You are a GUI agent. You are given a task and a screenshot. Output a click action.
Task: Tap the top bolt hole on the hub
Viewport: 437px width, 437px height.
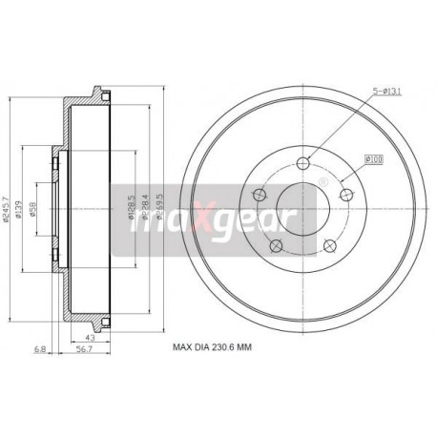click(x=302, y=161)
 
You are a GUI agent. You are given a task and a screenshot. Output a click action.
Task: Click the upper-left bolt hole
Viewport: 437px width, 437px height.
click(x=259, y=195)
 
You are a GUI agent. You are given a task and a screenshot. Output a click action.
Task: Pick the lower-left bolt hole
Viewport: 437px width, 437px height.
click(x=276, y=246)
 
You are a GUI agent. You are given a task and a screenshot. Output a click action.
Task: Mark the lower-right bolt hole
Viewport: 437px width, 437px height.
click(x=329, y=246)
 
